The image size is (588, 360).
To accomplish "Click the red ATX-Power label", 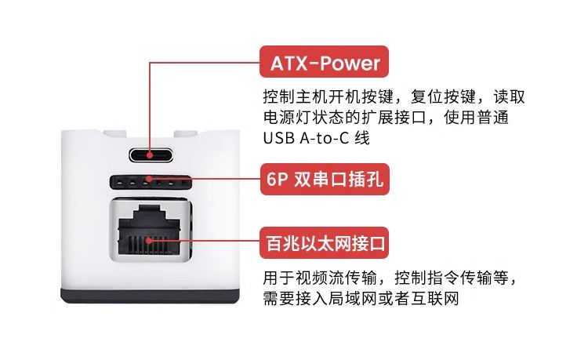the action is (x=324, y=62).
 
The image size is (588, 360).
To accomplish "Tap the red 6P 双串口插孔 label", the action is (x=325, y=180).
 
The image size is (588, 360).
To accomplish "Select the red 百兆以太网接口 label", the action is (x=324, y=243).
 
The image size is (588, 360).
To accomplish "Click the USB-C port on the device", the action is (x=151, y=155).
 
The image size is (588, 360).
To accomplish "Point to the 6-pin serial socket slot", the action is (x=151, y=182).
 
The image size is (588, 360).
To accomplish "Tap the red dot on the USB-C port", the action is (x=150, y=155).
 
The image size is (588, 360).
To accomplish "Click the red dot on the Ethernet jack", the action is (x=150, y=240).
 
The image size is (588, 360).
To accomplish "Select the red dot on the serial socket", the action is (x=149, y=179).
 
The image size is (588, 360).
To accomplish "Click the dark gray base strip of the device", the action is (x=150, y=296).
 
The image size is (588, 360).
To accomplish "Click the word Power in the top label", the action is (x=350, y=63).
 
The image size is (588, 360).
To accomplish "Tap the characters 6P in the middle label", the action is (x=277, y=180).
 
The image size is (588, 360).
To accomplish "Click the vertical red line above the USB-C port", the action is (x=150, y=107).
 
